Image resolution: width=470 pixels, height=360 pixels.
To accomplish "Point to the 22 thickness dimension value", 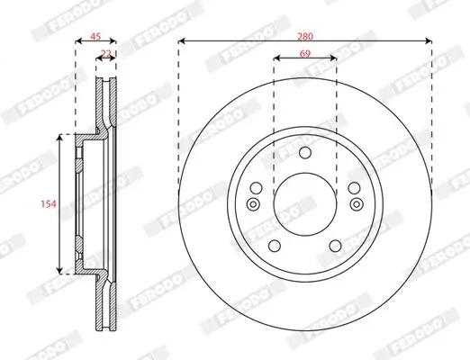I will tap(106, 55).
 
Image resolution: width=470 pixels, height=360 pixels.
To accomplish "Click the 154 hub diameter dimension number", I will tap(49, 205).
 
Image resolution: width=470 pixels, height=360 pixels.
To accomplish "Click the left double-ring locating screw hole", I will tap(253, 203).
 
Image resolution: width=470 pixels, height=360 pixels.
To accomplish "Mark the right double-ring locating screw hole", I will tap(357, 203).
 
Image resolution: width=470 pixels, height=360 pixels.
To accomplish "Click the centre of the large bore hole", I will tap(305, 203).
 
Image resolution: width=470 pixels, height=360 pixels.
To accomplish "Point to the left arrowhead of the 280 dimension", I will tap(182, 41).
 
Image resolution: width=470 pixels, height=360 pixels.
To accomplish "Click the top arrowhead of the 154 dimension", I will tap(60, 139).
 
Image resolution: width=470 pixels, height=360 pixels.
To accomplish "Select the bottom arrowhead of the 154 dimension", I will tap(60, 269).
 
